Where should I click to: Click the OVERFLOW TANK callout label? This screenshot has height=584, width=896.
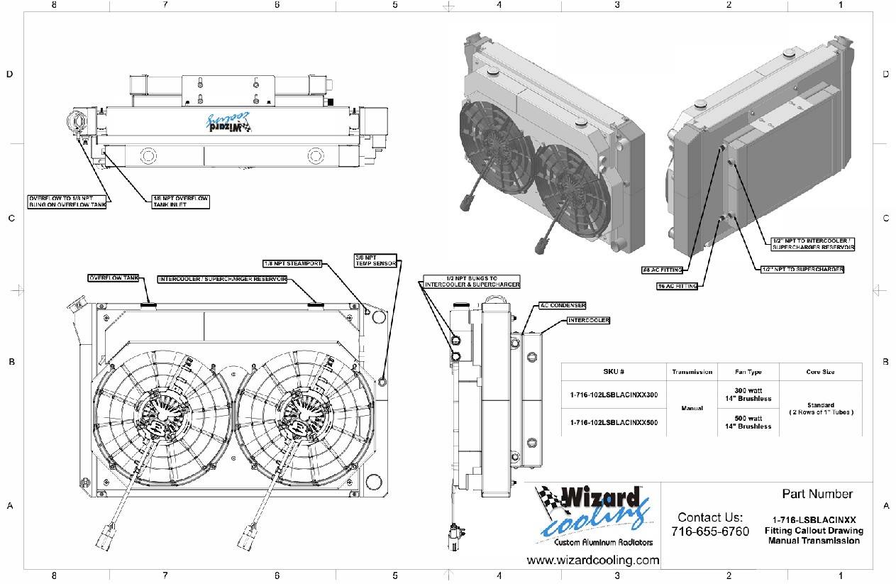[114, 277]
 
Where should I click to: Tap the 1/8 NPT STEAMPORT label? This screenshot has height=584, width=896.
[292, 263]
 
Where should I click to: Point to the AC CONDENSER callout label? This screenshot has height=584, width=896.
[563, 306]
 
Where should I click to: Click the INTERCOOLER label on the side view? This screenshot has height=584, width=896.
[589, 321]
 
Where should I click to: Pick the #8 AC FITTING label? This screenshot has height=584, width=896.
[661, 270]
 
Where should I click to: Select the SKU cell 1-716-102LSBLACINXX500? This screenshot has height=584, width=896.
[614, 422]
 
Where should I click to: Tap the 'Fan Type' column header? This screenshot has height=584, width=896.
[748, 372]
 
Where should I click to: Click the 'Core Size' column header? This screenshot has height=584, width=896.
[820, 372]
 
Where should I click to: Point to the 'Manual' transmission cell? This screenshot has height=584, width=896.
[692, 409]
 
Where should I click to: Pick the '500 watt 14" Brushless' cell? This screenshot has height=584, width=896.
[748, 422]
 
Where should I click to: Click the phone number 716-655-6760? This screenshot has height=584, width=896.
[709, 531]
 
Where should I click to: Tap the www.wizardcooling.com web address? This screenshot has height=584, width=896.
[593, 561]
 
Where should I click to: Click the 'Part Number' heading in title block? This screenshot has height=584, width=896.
[817, 494]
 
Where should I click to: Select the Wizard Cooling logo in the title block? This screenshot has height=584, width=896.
[593, 514]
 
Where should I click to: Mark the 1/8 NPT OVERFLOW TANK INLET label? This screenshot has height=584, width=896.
[180, 202]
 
